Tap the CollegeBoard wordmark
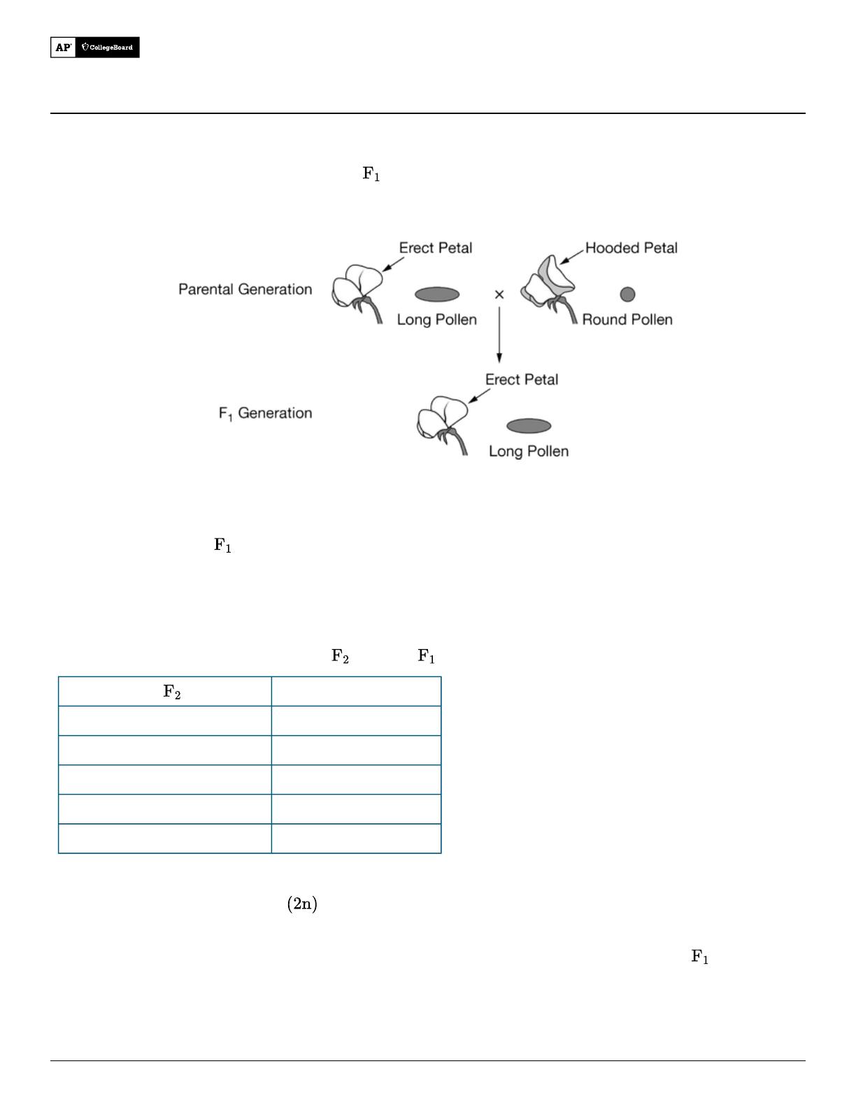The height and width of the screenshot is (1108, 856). point(107,48)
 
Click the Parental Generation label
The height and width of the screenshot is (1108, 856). point(245,289)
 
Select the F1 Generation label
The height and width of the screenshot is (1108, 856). point(265,413)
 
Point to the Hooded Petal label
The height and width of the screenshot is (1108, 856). point(632,248)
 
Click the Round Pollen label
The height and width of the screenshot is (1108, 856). point(627,320)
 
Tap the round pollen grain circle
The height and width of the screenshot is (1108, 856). point(627,294)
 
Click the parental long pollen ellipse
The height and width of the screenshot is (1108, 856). point(437,294)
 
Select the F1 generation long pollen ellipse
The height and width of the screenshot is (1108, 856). point(529,426)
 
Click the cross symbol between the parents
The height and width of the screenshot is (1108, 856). point(499,294)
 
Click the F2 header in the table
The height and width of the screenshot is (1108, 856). point(172,691)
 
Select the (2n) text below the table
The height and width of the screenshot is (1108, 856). point(302,904)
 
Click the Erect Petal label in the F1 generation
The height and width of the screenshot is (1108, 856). point(522,379)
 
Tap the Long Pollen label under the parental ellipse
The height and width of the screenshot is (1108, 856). point(437,320)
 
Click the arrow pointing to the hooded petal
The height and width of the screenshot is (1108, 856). point(572,257)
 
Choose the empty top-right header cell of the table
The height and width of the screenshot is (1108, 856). point(357,691)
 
